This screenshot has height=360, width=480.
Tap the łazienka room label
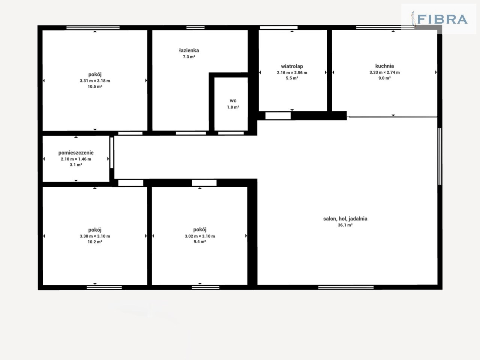point(189,51)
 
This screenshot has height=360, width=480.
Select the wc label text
point(233,101)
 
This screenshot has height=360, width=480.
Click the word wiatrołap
point(292,66)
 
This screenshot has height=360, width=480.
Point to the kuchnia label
point(384,66)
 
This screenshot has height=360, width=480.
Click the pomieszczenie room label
point(76,153)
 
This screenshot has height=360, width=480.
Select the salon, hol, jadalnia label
point(345,219)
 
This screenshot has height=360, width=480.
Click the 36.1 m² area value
point(345,225)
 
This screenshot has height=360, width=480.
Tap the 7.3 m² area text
point(189,57)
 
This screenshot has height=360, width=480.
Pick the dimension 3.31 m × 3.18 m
point(95,81)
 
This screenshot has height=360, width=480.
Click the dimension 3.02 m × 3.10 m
point(199,236)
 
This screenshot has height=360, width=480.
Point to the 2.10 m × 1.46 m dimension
point(76,159)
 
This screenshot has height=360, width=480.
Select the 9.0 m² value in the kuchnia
point(384,78)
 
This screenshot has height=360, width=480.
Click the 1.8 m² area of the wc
point(233,107)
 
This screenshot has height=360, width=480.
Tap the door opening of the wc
point(231,133)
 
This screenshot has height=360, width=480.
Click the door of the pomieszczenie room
point(112,153)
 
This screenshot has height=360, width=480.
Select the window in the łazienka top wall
point(195,27)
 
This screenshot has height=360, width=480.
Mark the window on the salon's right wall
point(440,156)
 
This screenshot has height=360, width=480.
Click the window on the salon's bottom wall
point(346,287)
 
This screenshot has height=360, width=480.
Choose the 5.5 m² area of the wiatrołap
point(292,78)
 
